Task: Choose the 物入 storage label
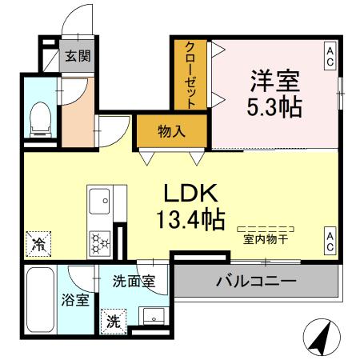(172, 130)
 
